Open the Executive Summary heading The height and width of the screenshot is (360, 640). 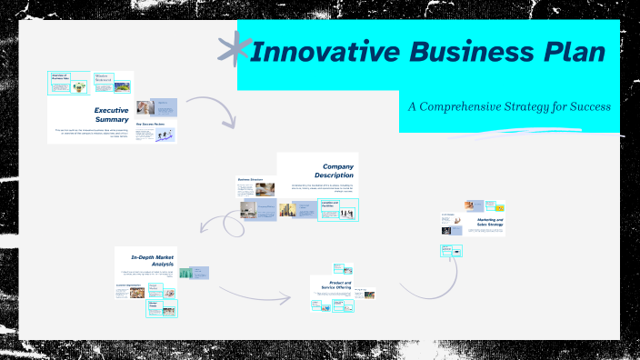(x=111, y=115)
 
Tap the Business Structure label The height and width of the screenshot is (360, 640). (x=250, y=180)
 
